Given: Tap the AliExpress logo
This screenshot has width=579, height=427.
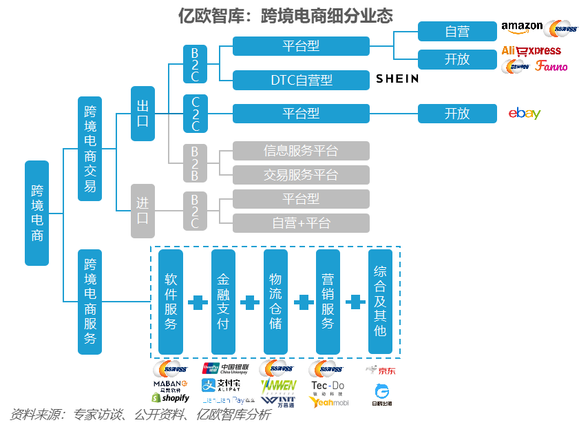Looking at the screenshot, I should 531,51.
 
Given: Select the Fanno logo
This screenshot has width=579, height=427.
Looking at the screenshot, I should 551,66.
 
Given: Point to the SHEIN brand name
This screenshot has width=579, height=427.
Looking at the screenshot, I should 397,79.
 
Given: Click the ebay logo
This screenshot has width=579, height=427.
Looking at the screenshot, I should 525,114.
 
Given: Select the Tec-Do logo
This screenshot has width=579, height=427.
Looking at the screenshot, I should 328,387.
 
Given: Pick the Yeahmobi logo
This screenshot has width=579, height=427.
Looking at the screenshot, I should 328,402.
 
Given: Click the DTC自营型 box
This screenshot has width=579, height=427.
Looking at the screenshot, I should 301,80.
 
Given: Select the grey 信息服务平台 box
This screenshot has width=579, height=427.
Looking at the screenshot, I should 301,151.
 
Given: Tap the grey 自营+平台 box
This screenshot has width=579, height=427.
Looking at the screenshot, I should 301,223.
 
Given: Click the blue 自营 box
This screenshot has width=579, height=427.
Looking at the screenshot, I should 457,31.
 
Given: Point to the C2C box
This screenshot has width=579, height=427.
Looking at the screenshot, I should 195,114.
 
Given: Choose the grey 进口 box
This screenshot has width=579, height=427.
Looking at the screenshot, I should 143,211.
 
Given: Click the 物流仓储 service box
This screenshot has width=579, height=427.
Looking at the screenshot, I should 275,302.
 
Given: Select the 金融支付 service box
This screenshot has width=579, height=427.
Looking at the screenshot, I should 223,302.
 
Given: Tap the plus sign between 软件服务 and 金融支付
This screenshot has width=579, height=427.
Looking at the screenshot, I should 197,302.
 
